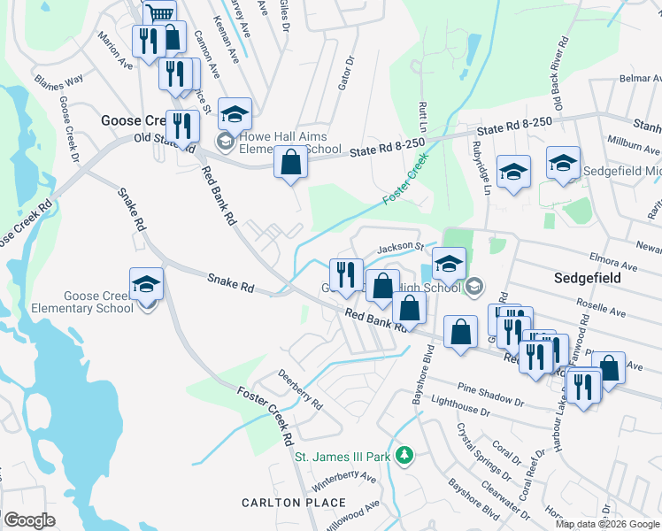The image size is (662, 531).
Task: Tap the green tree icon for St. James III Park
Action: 404,456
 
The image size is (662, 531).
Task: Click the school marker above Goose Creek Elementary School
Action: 147,284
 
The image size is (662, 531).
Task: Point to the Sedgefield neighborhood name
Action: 588,278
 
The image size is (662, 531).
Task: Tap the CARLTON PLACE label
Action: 294,503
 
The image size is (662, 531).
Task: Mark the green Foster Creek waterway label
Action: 405,180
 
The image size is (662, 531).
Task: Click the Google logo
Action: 29,520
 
